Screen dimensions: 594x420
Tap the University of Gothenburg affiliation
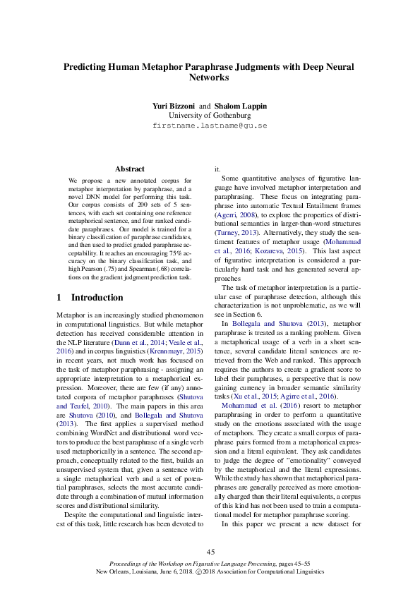pyautogui.click(x=210, y=115)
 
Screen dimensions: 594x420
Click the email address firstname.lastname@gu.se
pyautogui.click(x=210, y=126)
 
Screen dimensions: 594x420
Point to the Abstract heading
pyautogui.click(x=130, y=169)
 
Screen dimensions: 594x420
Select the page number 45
pyautogui.click(x=210, y=551)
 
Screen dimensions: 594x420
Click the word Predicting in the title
pyautogui.click(x=88, y=66)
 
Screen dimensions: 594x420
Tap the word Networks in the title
pyautogui.click(x=210, y=78)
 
